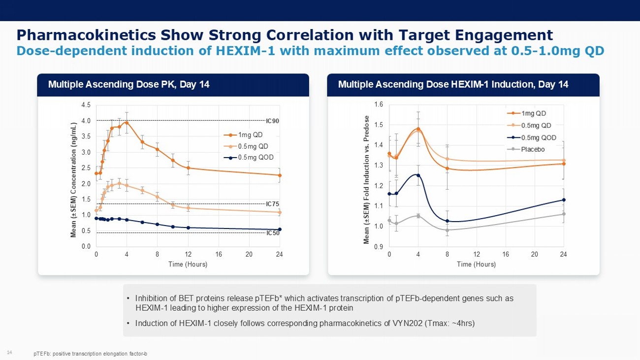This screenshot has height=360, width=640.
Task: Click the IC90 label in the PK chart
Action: click(x=272, y=121)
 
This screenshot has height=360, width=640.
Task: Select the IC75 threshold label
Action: click(x=272, y=204)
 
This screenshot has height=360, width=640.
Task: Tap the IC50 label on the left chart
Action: click(x=273, y=233)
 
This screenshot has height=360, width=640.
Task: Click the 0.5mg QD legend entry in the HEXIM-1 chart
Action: click(x=536, y=126)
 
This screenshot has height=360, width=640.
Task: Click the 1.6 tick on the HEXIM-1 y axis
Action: click(x=378, y=105)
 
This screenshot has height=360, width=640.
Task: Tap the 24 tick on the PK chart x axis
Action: click(x=280, y=254)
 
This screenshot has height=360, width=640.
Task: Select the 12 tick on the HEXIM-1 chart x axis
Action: click(x=477, y=254)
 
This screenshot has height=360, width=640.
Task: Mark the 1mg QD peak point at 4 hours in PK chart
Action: click(x=127, y=123)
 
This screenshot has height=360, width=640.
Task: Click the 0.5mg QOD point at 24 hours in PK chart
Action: click(x=280, y=229)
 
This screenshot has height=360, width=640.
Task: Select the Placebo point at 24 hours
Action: click(x=564, y=214)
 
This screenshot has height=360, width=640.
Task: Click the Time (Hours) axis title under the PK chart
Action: click(x=188, y=264)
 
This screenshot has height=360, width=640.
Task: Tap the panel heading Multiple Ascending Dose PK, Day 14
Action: click(x=129, y=85)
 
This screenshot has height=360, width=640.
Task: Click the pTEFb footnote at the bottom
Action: click(x=91, y=354)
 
